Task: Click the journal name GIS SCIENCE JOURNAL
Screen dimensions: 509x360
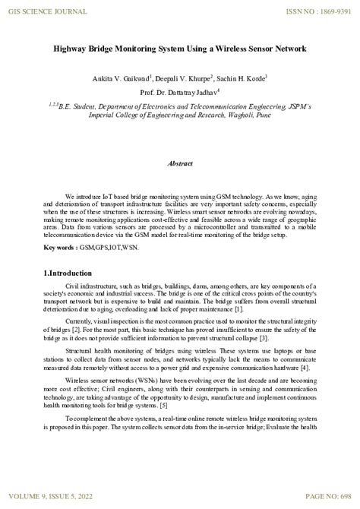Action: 43,11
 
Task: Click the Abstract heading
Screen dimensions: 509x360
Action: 180,163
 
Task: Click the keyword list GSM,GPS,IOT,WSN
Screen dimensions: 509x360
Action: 111,248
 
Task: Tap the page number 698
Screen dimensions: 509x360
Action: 343,497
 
